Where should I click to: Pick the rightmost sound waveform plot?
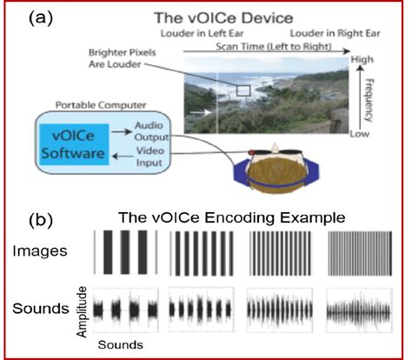tap(359, 308)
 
